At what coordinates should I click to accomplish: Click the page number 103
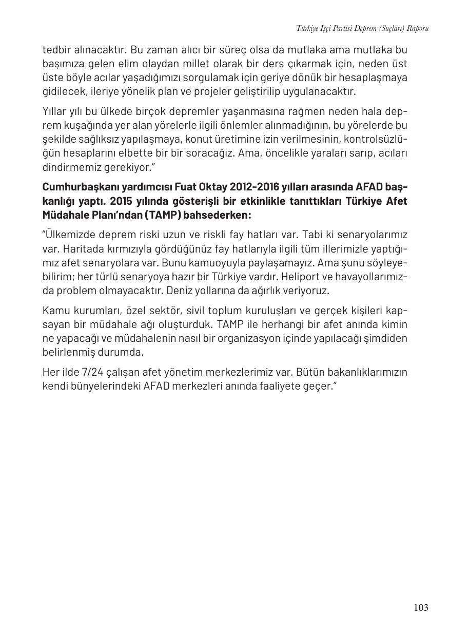pyautogui.click(x=420, y=608)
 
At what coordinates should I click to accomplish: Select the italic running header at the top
pyautogui.click(x=362, y=28)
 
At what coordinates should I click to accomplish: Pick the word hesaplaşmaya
pyautogui.click(x=373, y=78)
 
